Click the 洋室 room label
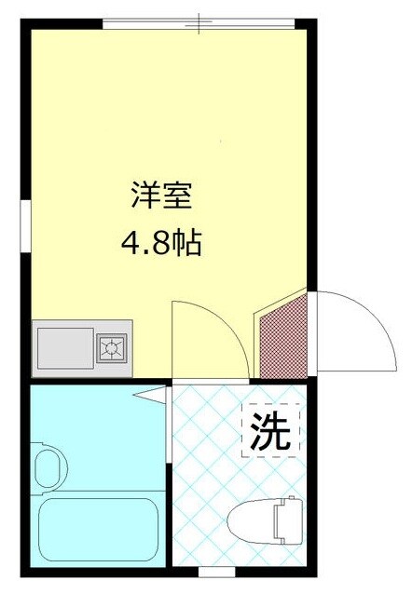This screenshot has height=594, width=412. point(160,197)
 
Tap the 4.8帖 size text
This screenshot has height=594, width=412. point(160,245)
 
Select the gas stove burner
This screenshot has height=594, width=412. point(113,348)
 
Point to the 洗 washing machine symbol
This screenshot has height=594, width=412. point(271,430)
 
